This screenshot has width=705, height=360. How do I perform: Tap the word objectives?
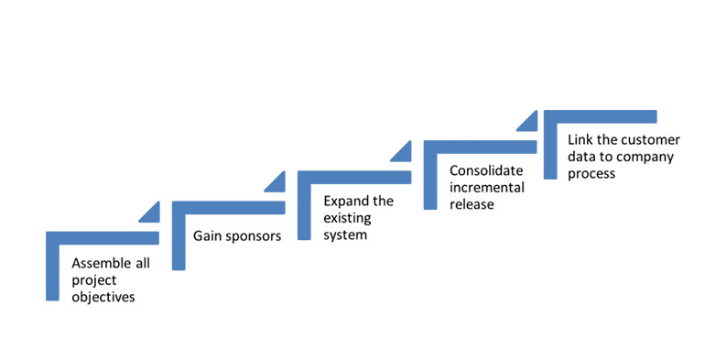point(103,297)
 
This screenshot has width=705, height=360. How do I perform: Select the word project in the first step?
point(94,280)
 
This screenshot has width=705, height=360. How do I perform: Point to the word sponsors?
point(253,236)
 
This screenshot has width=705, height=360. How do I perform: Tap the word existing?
point(347,218)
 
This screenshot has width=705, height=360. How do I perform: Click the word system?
point(345,235)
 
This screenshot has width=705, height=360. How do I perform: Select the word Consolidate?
point(486,170)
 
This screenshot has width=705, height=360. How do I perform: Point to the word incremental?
point(487,187)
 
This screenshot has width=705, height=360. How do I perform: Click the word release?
point(472,204)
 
